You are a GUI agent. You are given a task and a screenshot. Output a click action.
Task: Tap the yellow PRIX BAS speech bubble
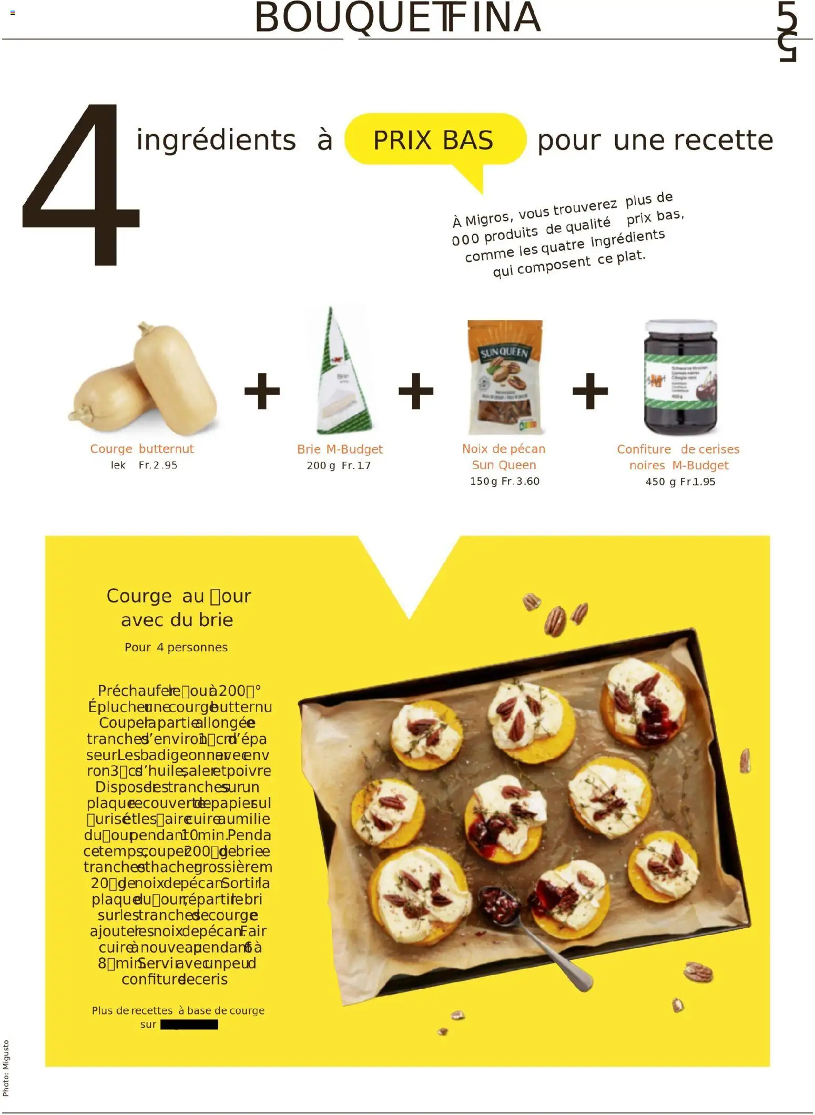(x=434, y=140)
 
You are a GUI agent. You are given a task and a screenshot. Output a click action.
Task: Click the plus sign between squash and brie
(x=262, y=391)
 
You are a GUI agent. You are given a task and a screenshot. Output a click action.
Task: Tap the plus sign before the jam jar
(x=590, y=391)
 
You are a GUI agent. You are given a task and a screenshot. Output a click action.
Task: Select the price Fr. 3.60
(x=521, y=481)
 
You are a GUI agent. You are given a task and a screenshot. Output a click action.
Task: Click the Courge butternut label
(x=142, y=449)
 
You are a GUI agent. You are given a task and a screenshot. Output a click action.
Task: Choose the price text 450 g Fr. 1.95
(x=680, y=482)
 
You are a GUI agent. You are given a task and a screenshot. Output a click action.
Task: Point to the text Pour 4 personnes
(x=176, y=647)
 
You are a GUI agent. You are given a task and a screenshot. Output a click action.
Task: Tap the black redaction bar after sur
(x=189, y=1024)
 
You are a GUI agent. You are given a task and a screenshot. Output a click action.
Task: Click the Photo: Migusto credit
(x=6, y=1068)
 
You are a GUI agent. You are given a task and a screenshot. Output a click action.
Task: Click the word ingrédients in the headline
(x=216, y=140)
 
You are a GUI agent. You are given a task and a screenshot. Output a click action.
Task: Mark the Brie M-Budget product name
(x=340, y=449)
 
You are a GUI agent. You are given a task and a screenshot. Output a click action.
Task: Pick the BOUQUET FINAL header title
(x=398, y=18)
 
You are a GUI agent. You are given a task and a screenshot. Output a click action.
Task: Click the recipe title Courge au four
(x=179, y=596)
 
